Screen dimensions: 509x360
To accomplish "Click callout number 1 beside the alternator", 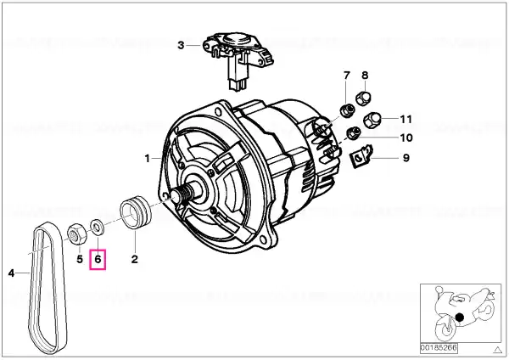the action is click(148, 159).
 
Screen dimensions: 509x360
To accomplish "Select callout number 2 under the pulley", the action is click(134, 259).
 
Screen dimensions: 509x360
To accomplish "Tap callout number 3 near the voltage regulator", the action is click(182, 45).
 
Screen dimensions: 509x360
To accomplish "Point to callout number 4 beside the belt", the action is click(11, 273).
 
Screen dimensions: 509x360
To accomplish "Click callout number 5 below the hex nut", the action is click(80, 259).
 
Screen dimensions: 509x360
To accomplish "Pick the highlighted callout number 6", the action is click(98, 259).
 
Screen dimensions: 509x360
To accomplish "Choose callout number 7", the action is click(347, 76).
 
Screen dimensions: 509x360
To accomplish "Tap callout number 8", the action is click(365, 76).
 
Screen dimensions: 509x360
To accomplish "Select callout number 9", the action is click(406, 158).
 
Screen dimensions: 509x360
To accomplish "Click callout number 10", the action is click(406, 138).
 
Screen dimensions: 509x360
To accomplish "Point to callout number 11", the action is click(406, 119).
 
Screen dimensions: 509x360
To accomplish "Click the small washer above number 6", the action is click(97, 224).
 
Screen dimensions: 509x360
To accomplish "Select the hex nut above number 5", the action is click(76, 234).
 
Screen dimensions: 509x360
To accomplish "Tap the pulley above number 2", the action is click(136, 212).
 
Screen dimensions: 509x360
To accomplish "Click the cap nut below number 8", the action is click(363, 98).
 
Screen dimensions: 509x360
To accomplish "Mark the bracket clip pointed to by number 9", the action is click(362, 156).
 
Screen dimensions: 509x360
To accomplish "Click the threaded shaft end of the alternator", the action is click(182, 195).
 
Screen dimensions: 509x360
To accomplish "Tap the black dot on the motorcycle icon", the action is click(459, 317).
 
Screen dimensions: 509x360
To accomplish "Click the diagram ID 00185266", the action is click(439, 348).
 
